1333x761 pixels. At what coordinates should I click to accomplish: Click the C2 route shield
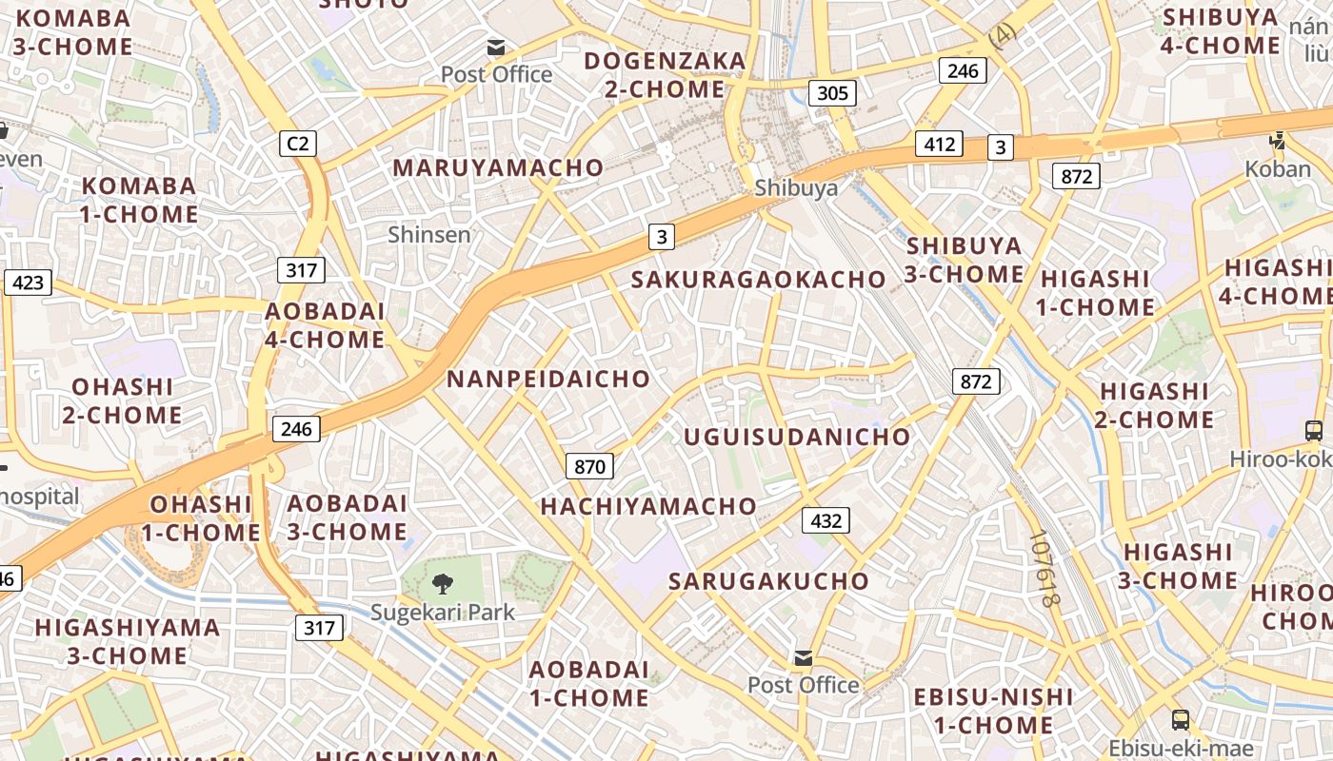click(298, 144)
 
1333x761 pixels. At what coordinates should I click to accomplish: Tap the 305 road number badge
click(832, 93)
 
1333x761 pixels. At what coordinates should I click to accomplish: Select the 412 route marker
click(939, 145)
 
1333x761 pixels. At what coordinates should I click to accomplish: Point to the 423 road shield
click(28, 283)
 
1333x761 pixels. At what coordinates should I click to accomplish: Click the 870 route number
click(590, 466)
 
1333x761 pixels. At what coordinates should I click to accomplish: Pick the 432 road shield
click(826, 520)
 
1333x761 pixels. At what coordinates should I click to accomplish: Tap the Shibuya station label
click(796, 187)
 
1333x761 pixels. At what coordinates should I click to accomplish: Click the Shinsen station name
click(429, 234)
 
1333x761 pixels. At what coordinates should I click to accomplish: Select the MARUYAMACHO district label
click(498, 168)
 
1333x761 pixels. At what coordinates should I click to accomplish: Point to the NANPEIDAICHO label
click(548, 379)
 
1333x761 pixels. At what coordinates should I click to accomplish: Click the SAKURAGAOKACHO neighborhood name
click(759, 280)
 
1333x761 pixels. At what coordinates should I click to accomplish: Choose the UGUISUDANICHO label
click(797, 437)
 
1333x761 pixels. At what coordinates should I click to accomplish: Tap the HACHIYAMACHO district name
click(648, 507)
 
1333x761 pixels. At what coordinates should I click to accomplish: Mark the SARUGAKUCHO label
click(768, 581)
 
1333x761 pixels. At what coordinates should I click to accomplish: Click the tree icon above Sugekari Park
click(443, 583)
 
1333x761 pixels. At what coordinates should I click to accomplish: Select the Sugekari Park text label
click(443, 612)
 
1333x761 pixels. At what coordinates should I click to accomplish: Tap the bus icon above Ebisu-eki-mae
click(1181, 719)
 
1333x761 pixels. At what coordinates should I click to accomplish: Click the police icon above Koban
click(1278, 141)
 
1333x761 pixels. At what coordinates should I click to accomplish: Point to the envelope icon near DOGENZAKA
click(496, 47)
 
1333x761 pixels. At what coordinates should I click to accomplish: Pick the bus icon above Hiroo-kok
click(1314, 430)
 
